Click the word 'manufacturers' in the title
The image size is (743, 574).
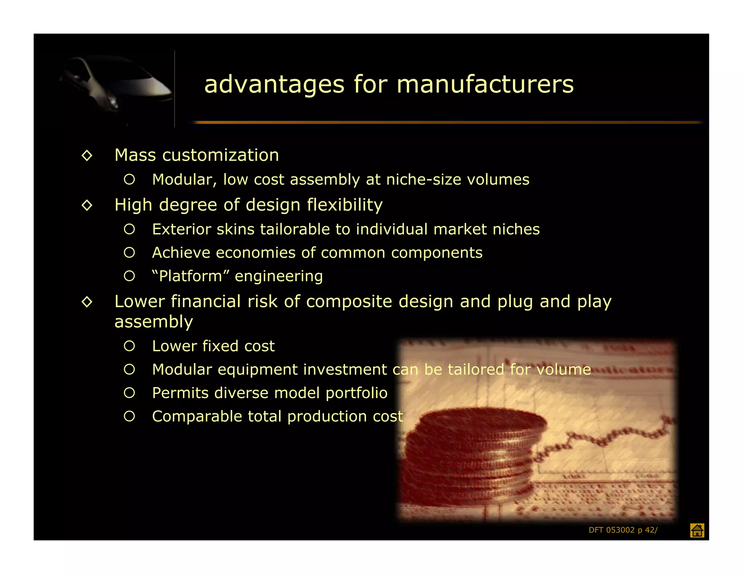[485, 84]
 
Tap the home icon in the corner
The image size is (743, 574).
[697, 530]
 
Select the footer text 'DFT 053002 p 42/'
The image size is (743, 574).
[623, 530]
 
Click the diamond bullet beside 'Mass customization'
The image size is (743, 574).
[87, 156]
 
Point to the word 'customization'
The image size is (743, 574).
[221, 155]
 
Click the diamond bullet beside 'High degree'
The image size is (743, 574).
[87, 205]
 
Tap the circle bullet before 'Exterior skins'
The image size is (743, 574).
[130, 229]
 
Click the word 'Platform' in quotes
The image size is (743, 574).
[190, 276]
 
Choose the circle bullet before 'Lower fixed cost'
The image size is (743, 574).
[130, 346]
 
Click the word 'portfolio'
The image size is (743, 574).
[356, 393]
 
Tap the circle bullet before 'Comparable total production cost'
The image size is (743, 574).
[130, 416]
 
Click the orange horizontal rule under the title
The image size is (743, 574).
[446, 123]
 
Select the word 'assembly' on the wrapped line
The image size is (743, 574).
[153, 322]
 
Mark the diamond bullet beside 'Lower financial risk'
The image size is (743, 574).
[87, 302]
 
